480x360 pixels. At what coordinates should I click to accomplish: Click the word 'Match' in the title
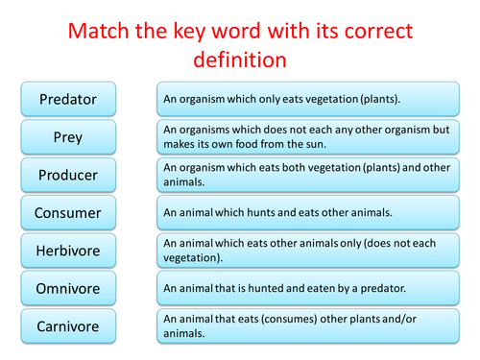coord(97,29)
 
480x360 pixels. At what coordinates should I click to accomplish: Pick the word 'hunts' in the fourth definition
coord(245,211)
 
